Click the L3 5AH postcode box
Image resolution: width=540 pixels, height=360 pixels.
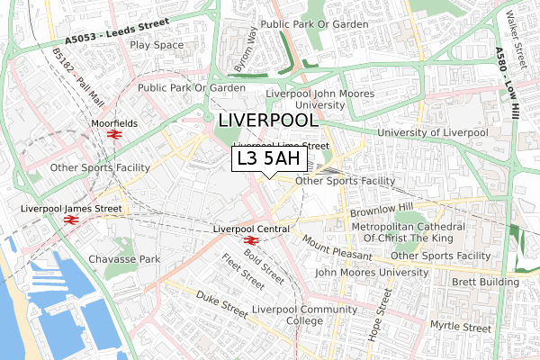269,159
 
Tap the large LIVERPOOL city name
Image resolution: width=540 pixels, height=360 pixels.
267,121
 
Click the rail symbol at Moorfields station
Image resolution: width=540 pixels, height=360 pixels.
114,134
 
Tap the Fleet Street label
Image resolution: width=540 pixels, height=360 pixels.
243,273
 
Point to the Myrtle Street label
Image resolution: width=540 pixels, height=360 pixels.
460,324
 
